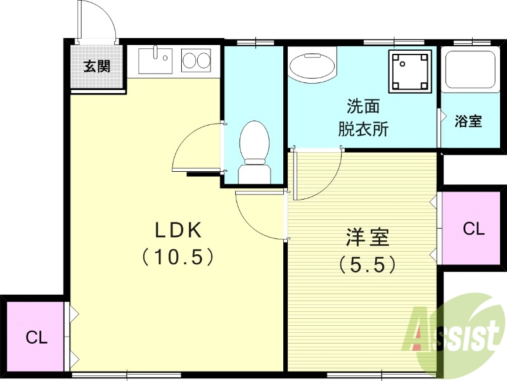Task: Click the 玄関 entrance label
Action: (x=97, y=66)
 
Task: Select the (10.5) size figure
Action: (x=176, y=256)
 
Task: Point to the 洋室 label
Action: (x=368, y=238)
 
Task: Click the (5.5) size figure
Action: (x=368, y=263)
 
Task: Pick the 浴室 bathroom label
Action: (x=468, y=121)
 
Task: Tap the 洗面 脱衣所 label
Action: (x=363, y=117)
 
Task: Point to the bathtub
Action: (x=470, y=69)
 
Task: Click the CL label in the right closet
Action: (x=473, y=229)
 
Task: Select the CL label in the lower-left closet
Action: (x=37, y=337)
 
